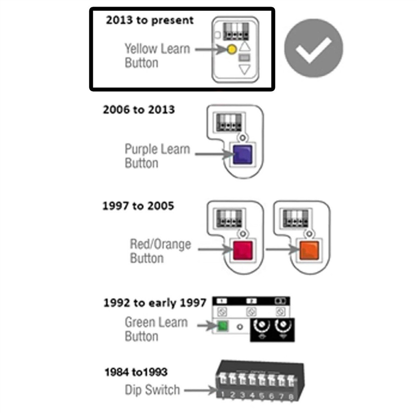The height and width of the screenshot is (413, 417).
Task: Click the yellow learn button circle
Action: (x=231, y=50)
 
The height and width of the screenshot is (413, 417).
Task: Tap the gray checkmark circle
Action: (x=314, y=48)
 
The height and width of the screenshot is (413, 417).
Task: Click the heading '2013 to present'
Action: (x=150, y=20)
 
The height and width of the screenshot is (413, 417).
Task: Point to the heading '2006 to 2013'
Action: (x=139, y=110)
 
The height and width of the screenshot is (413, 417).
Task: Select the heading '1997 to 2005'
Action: (x=138, y=206)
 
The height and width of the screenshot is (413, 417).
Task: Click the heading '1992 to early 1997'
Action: (x=155, y=303)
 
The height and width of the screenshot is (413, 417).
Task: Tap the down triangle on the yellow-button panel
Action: (x=245, y=70)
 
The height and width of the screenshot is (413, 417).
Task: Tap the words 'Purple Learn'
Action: (x=157, y=149)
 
